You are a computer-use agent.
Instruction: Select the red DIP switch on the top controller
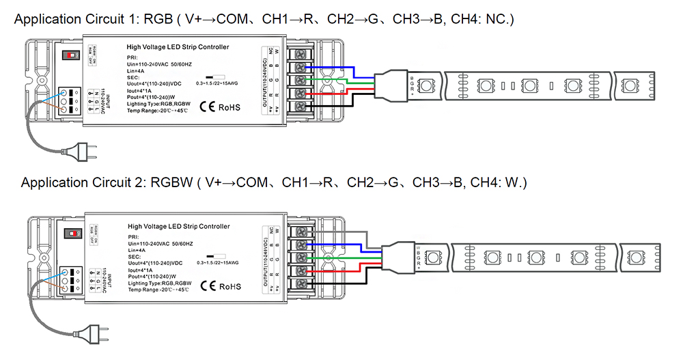[69, 53]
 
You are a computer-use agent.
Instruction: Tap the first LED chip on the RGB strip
[425, 85]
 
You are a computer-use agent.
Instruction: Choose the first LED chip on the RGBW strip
[432, 258]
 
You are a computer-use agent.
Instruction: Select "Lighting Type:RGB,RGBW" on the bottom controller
[162, 283]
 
